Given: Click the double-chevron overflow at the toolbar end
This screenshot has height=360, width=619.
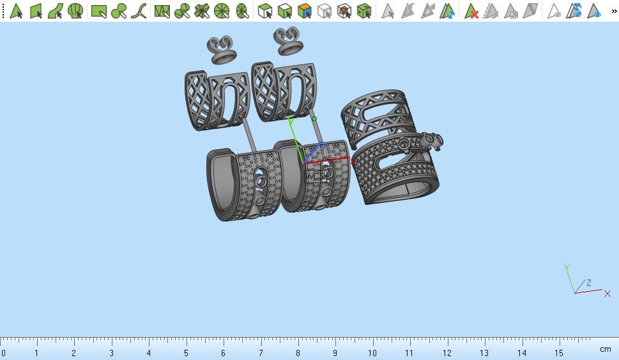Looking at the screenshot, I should pos(614,11).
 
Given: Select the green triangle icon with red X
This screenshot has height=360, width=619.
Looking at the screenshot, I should pos(471,11).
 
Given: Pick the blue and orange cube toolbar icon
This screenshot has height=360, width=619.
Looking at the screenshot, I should pos(305,11).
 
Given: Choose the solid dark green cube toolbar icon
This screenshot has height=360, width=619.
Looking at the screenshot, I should pos(364,11).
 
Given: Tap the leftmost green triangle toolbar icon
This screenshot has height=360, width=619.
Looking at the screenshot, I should pos(16,11).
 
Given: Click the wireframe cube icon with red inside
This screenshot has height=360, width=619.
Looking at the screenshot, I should pos(344,11).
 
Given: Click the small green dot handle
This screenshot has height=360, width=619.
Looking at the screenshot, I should pos(314,119).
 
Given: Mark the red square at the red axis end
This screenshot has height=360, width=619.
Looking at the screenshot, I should pos(353,161).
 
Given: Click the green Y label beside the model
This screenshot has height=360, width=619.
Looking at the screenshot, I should pos(291,121).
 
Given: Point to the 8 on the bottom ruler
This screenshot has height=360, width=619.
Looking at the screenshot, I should pos(298,353).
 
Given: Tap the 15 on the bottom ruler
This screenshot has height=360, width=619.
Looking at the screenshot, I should pos(558,353).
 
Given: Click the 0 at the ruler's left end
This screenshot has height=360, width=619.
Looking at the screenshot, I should pos(4,353).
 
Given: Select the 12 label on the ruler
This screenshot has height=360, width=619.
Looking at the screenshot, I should pos(447,353).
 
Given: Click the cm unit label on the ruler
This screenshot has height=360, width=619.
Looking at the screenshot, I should pos(605,349).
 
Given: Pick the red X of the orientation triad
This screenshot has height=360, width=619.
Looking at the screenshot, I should pos(607,294).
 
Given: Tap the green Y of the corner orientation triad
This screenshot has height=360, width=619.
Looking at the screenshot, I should pos(567,267).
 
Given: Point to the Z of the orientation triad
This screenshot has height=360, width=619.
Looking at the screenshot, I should pos(588,283).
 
